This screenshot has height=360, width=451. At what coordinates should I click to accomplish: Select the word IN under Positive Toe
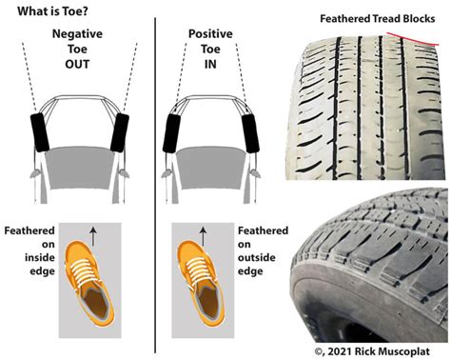(210, 63)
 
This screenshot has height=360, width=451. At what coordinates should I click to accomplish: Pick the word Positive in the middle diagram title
(210, 32)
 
